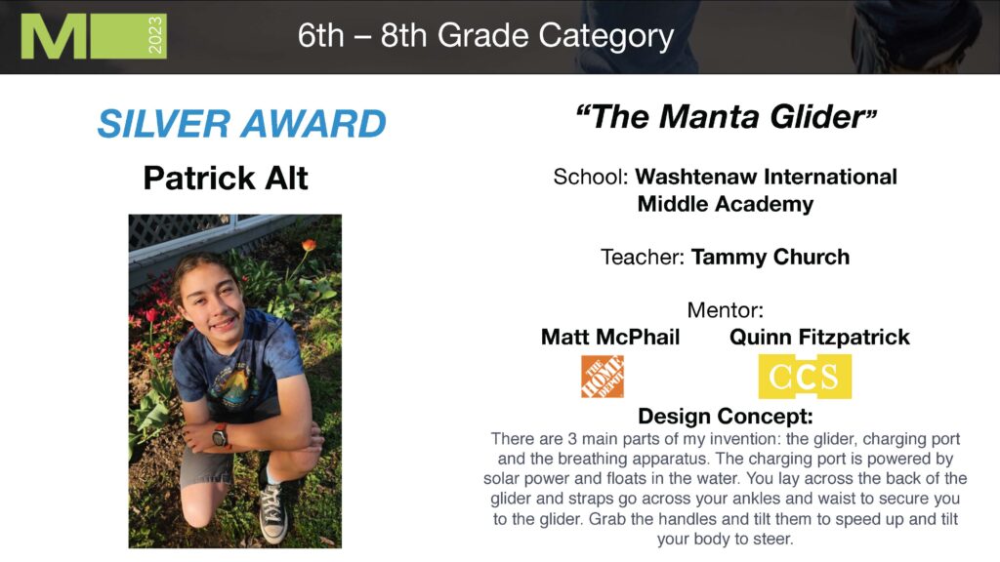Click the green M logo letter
coord(54,36)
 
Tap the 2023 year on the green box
coord(155,36)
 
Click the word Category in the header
coord(605,36)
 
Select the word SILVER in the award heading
coord(164,123)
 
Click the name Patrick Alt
coord(226,178)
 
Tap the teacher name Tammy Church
coord(771,257)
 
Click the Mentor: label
coord(726,310)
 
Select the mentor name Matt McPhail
coord(610,337)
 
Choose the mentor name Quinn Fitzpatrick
coord(819,337)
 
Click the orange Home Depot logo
coord(603,377)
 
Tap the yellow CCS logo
coord(805,377)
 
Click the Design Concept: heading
coord(726,416)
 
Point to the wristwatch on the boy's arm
coord(220,436)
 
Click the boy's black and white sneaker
coord(273,512)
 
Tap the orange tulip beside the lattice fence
coord(309,245)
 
